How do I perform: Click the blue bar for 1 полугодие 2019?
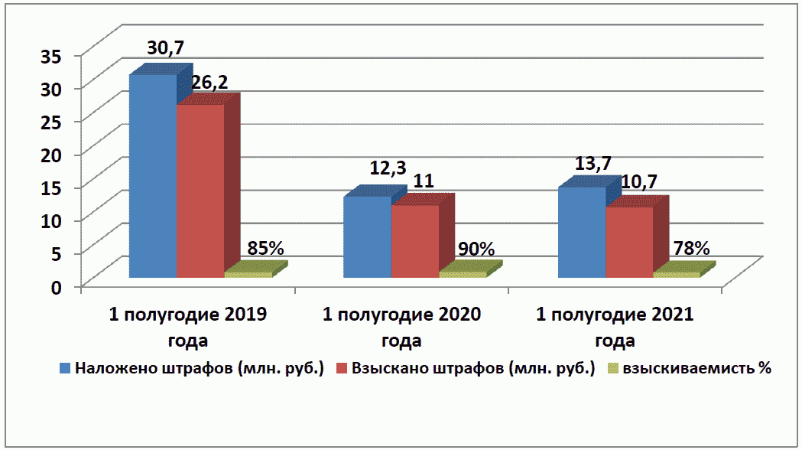[x=153, y=176]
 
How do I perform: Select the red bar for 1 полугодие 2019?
[x=200, y=191]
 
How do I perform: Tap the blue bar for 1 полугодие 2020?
[x=367, y=237]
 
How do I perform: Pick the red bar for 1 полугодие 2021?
[x=629, y=242]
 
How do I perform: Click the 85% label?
[x=266, y=248]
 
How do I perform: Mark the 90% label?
[x=476, y=249]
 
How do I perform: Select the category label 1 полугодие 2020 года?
[x=402, y=327]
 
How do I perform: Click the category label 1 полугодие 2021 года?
[x=615, y=327]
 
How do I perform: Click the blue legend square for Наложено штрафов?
[x=66, y=369]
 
